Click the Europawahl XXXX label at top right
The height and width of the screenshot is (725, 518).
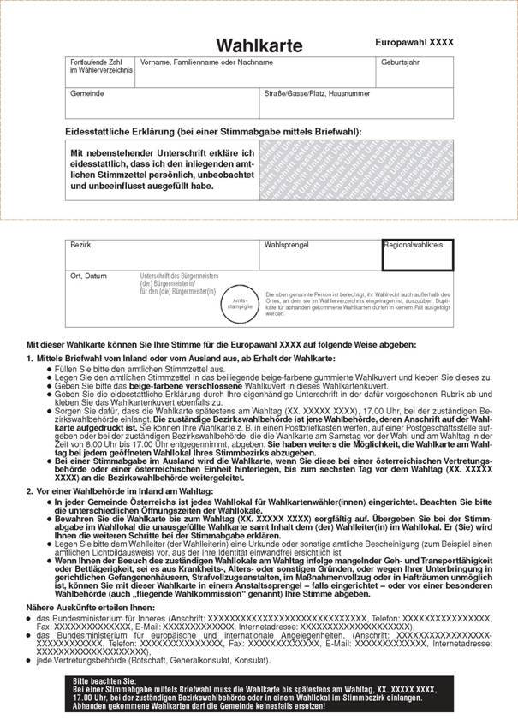coord(414,42)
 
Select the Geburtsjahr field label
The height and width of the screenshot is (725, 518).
coord(397,62)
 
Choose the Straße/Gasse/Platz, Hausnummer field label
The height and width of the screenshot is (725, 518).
coord(316,92)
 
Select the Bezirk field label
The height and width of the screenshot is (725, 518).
coord(81,245)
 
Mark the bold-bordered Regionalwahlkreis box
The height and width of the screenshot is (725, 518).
coord(417,254)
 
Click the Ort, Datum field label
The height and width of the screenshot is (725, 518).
coord(89,276)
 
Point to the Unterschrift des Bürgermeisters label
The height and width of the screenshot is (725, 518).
coord(179,282)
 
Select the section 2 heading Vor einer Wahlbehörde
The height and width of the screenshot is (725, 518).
coord(119,491)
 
